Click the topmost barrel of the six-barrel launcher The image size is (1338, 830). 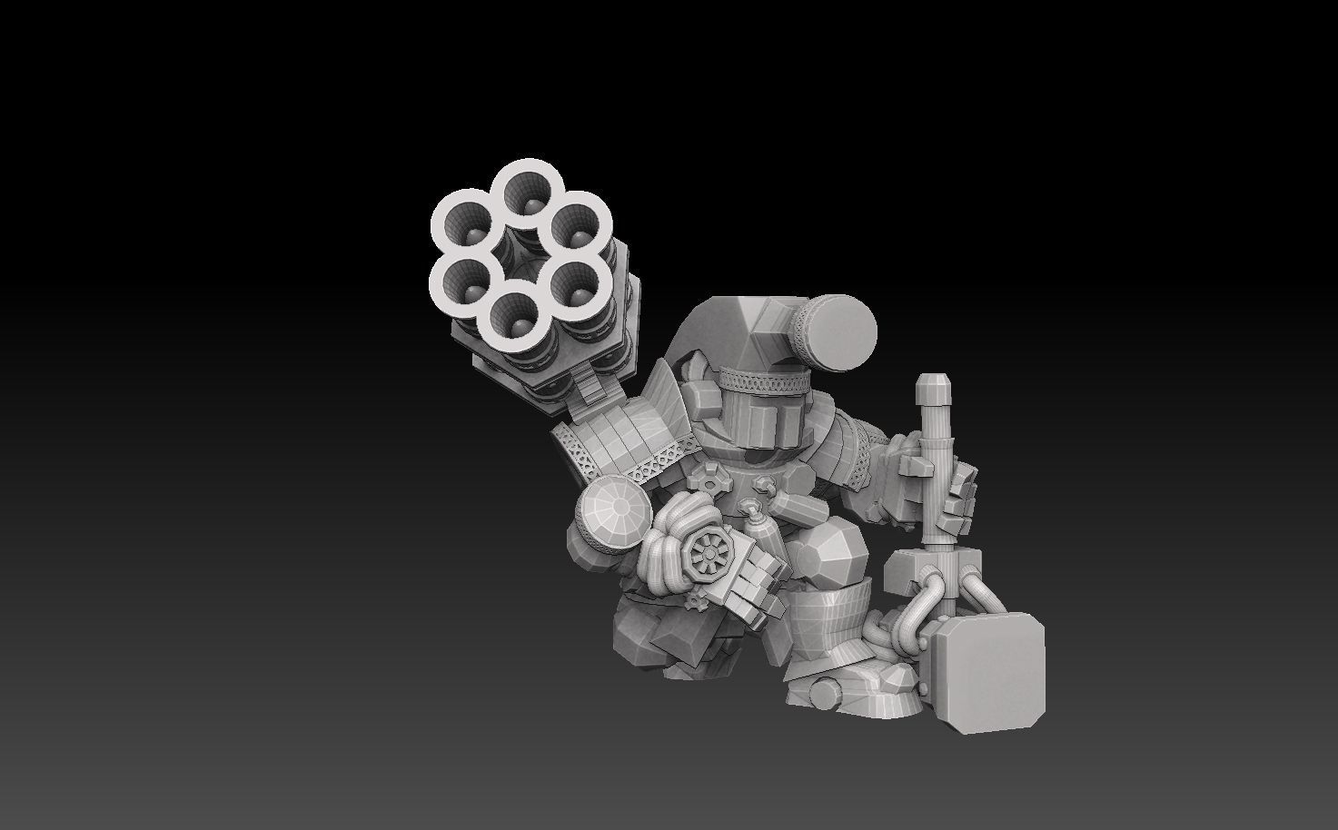[528, 191]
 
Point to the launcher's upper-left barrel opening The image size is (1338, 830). [466, 223]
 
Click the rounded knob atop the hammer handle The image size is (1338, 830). [932, 390]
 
